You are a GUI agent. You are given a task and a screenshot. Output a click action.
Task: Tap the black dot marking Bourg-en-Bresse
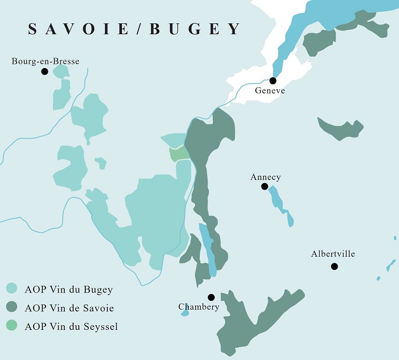(x=45, y=71)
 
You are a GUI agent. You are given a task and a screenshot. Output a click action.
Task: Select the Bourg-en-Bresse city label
(x=45, y=61)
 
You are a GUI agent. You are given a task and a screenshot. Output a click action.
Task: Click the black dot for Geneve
(x=273, y=80)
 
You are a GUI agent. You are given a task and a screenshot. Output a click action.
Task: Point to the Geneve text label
(x=270, y=91)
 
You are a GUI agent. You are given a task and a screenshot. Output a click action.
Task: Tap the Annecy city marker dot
(x=265, y=186)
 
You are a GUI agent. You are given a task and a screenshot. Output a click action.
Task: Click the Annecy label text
(x=265, y=177)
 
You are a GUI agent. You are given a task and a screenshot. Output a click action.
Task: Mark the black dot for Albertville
(x=334, y=266)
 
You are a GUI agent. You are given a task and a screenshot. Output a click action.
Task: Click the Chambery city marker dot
(x=211, y=297)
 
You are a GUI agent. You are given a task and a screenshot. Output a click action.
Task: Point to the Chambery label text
(x=199, y=307)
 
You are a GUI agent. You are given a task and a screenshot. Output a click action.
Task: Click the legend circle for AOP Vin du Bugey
(x=12, y=289)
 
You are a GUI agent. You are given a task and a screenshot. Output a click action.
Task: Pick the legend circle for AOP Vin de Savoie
(x=12, y=308)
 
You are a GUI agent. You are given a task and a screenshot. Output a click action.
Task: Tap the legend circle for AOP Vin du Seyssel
(x=12, y=326)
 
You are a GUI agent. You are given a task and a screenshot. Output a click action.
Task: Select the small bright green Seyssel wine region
(x=178, y=154)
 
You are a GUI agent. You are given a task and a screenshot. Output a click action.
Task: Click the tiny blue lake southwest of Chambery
(x=184, y=313)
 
